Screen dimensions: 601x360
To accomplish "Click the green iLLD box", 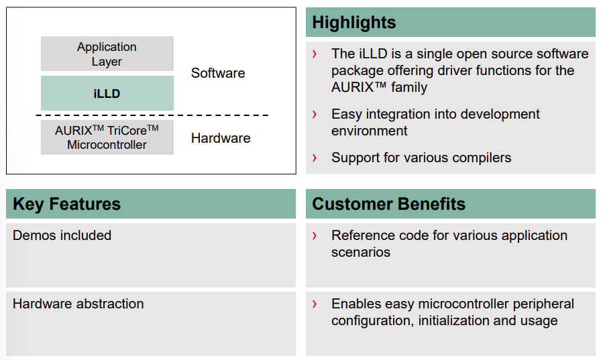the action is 107,93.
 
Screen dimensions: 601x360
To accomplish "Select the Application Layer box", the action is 107,54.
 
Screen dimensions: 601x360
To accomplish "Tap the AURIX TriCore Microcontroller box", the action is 107,137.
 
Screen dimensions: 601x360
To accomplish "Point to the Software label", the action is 218,73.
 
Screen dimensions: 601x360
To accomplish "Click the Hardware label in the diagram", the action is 221,138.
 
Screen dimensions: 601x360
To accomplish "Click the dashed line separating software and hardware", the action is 152,115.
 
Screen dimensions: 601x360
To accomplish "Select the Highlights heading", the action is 353,22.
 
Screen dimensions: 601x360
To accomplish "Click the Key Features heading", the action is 66,204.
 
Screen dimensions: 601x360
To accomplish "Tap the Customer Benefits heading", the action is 388,204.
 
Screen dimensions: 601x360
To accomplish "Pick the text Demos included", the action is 62,235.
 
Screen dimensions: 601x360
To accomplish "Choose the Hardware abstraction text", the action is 78,304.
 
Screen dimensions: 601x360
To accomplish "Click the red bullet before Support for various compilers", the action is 315,158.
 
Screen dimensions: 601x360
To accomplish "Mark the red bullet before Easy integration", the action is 315,114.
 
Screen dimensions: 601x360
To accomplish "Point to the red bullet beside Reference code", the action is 315,235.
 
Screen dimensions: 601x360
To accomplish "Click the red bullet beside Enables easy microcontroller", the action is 315,304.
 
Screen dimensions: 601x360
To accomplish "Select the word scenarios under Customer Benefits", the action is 361,252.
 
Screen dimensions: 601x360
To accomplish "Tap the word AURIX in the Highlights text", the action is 353,87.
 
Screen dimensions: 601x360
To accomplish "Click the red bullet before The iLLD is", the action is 315,54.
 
